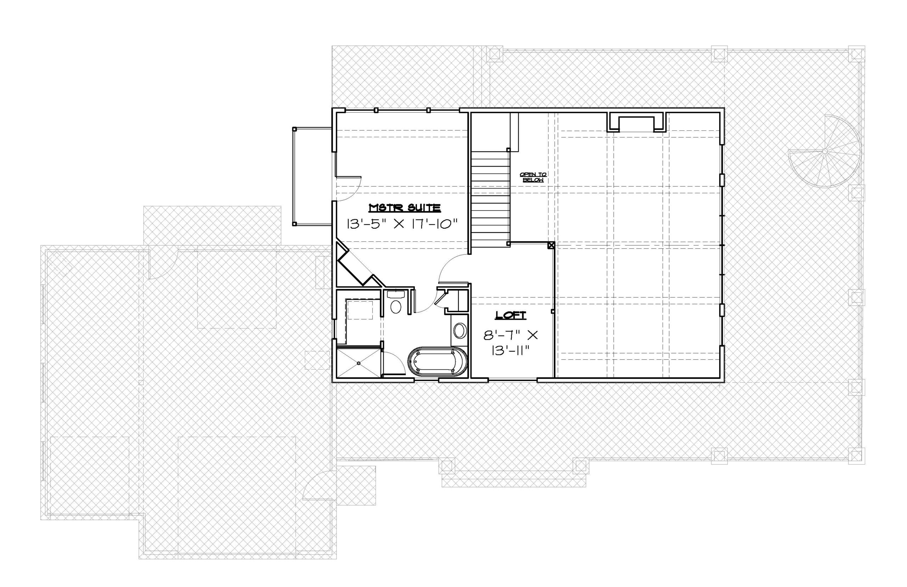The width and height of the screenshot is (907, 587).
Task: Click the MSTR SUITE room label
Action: [405, 208]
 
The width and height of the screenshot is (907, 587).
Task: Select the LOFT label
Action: [511, 315]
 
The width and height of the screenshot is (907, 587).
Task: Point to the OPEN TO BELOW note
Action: [533, 177]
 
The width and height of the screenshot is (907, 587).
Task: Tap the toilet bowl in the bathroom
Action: [396, 307]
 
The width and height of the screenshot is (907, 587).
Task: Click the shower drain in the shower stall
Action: [359, 363]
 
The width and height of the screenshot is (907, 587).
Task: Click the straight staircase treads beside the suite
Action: [491, 199]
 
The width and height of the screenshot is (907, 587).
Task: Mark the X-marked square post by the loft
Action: [551, 246]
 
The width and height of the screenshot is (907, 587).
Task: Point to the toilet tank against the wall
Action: [396, 294]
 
